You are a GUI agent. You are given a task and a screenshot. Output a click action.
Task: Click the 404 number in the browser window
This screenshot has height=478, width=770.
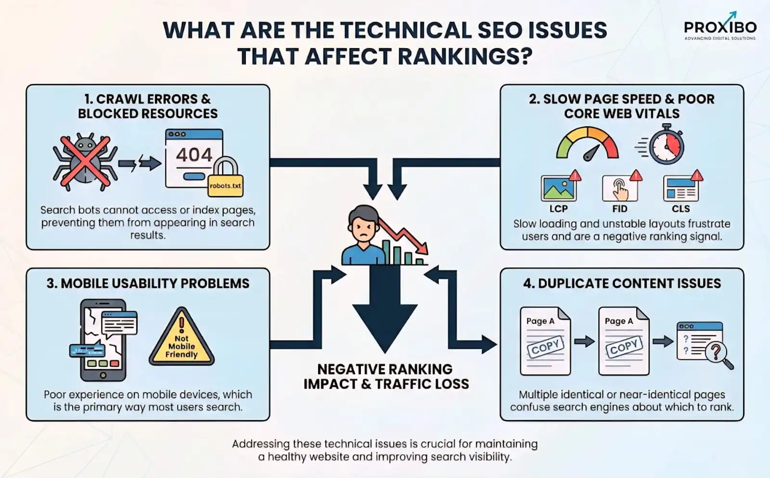pyautogui.click(x=194, y=155)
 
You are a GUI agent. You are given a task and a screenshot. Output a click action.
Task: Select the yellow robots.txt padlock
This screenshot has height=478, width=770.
pyautogui.click(x=225, y=179)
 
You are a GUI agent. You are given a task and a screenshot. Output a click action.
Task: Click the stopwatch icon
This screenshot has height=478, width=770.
pyautogui.click(x=666, y=145)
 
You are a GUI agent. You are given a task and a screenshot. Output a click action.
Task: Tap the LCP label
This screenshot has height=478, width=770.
pyautogui.click(x=558, y=209)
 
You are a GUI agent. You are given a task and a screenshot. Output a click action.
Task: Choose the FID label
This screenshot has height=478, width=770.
pyautogui.click(x=619, y=209)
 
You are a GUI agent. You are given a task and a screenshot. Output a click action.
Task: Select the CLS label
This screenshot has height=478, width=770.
pyautogui.click(x=680, y=209)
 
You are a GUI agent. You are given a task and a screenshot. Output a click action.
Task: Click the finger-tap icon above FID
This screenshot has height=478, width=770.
pyautogui.click(x=619, y=188)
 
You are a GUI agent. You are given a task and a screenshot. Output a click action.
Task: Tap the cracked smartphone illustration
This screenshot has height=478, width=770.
pyautogui.click(x=103, y=340)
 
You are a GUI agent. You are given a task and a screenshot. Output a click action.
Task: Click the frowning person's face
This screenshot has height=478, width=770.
pyautogui.click(x=363, y=226)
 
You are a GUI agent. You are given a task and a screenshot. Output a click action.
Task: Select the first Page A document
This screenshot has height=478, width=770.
pyautogui.click(x=545, y=341)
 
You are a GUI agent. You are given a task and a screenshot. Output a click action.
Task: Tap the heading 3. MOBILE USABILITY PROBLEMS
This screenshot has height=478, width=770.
pyautogui.click(x=148, y=284)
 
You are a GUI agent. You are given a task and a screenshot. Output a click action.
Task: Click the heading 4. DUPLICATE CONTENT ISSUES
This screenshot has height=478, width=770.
pyautogui.click(x=622, y=284)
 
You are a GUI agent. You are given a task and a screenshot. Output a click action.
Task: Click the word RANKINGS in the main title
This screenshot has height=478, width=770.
pyautogui.click(x=465, y=56)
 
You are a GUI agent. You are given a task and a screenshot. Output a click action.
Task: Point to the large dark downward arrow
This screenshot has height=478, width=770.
pyautogui.click(x=385, y=313)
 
